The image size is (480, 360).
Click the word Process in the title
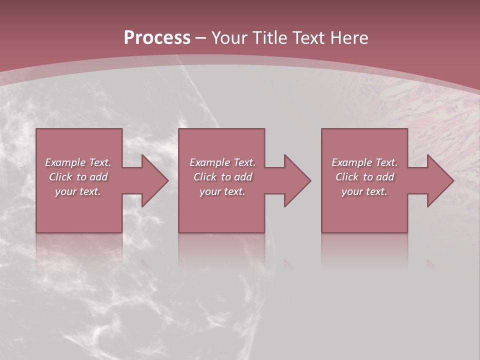157,38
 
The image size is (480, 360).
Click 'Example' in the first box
65,162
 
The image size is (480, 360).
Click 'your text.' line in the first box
78,191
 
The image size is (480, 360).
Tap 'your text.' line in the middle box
222,191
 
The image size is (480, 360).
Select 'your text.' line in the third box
364,191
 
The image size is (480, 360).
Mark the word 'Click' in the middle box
205,177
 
